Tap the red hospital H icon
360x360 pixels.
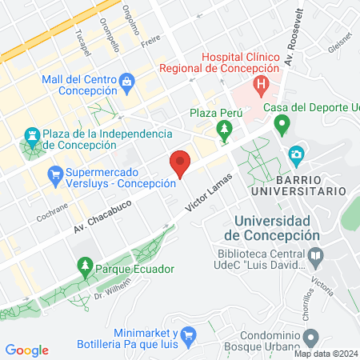point(260,83)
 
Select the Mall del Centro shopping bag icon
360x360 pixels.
point(127,81)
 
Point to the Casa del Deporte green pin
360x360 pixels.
point(282,124)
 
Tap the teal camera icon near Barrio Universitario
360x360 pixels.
point(297,154)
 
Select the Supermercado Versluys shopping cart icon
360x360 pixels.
point(55,173)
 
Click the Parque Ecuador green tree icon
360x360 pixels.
point(84,264)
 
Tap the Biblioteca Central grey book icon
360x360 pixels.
point(316,258)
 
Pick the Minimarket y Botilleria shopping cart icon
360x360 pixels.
point(188,334)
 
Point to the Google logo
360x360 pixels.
point(26,350)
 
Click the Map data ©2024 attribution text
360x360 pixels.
point(325,354)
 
